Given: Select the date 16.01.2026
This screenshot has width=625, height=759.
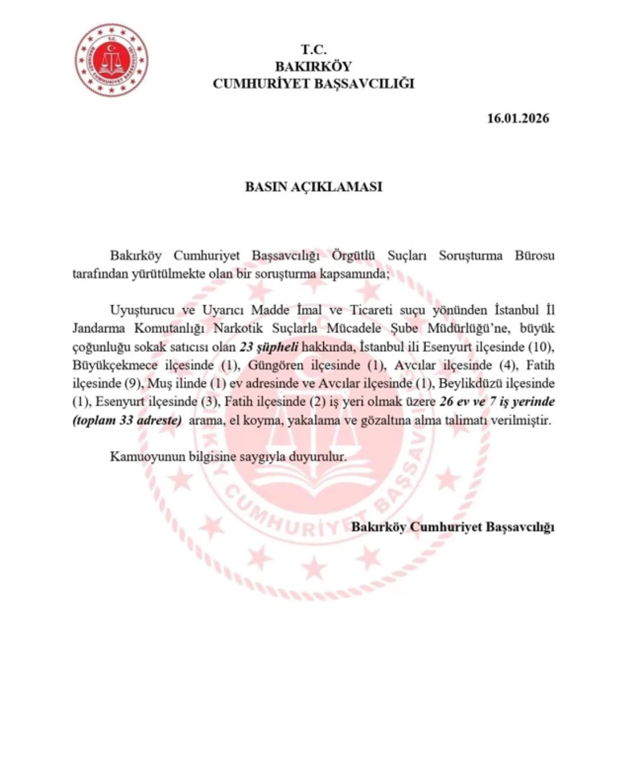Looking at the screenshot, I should (x=518, y=118).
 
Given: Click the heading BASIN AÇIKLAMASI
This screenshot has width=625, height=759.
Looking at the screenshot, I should (x=313, y=187).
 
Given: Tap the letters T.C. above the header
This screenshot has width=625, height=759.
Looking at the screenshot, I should (x=313, y=50).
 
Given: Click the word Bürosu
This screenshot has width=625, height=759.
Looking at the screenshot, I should (x=534, y=255).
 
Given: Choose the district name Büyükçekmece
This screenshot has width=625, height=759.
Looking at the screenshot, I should (x=115, y=365).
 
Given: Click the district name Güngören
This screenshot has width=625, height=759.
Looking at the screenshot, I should (x=276, y=365).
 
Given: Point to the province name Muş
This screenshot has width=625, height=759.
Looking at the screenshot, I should (x=159, y=383).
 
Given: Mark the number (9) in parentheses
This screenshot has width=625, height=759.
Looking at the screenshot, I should (x=132, y=383).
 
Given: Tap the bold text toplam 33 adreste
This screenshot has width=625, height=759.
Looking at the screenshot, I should (x=127, y=420).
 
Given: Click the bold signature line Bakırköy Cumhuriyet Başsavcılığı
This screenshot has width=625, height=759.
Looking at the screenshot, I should (x=453, y=527).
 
